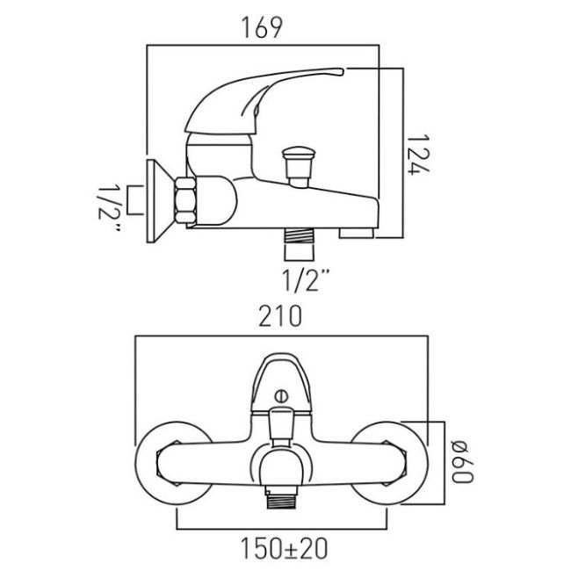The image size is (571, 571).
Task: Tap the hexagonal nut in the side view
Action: point(186,199)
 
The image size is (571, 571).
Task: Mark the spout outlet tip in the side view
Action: point(356,233)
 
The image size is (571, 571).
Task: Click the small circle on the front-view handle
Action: point(282,395)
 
